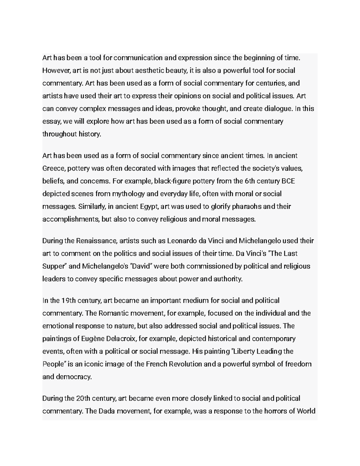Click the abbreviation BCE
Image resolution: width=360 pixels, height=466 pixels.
(x=289, y=181)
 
